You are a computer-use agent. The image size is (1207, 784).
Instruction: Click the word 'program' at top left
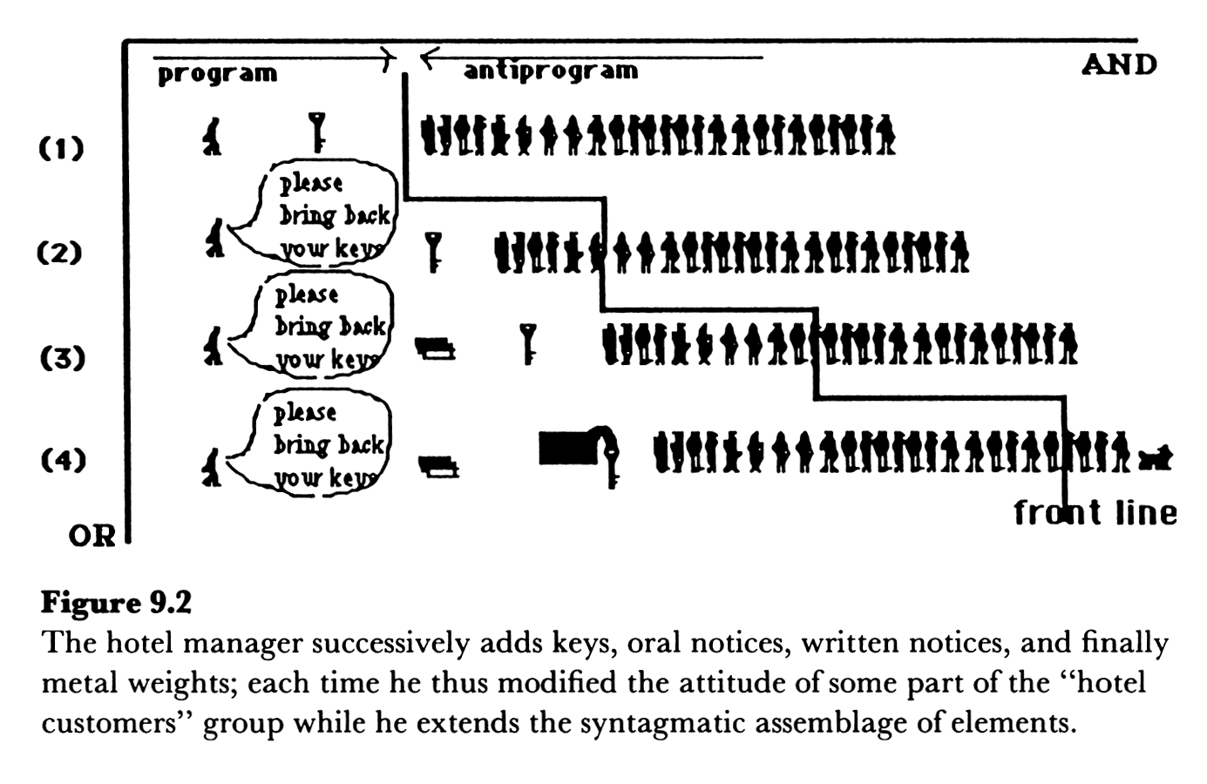[217, 74]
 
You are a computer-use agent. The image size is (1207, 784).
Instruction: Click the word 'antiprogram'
[551, 71]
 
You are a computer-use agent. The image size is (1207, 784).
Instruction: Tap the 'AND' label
[1119, 64]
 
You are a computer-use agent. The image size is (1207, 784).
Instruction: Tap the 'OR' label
[92, 535]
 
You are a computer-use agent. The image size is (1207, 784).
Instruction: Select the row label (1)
[62, 147]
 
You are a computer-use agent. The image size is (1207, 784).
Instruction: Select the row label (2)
[59, 253]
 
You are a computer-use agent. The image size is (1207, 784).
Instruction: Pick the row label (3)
[62, 357]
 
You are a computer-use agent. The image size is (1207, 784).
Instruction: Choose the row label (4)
[63, 459]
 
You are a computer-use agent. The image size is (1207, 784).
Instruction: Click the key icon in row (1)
[318, 132]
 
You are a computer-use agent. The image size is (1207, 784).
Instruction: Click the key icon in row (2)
[432, 252]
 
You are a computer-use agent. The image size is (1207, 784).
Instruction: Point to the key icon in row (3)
[527, 342]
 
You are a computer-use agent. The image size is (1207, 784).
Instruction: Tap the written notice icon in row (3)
[435, 349]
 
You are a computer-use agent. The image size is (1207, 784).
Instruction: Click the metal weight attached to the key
[568, 448]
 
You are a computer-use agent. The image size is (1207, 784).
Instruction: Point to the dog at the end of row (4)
[1156, 456]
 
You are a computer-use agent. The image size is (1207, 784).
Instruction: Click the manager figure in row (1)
[212, 137]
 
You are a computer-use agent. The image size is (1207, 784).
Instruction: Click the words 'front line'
[1095, 512]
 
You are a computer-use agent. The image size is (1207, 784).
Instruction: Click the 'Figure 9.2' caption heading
[116, 603]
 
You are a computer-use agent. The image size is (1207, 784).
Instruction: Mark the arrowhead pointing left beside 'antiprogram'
[427, 58]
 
